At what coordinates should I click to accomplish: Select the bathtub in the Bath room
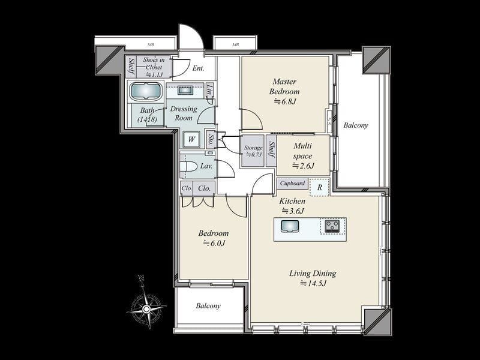coord(146,92)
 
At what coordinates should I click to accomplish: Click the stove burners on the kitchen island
coord(332,226)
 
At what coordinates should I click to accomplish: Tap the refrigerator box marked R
coord(320,187)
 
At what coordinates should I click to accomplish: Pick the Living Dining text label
coord(313,274)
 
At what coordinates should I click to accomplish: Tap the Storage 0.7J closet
coord(253,151)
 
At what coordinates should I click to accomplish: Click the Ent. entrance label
coord(197,68)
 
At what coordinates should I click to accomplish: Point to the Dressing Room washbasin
coord(185,91)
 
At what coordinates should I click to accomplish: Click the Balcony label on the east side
coord(356,125)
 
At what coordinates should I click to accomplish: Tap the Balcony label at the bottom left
coord(208,305)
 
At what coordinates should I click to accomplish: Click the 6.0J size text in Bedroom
coord(214,243)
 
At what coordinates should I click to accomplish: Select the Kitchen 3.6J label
coord(293,206)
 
